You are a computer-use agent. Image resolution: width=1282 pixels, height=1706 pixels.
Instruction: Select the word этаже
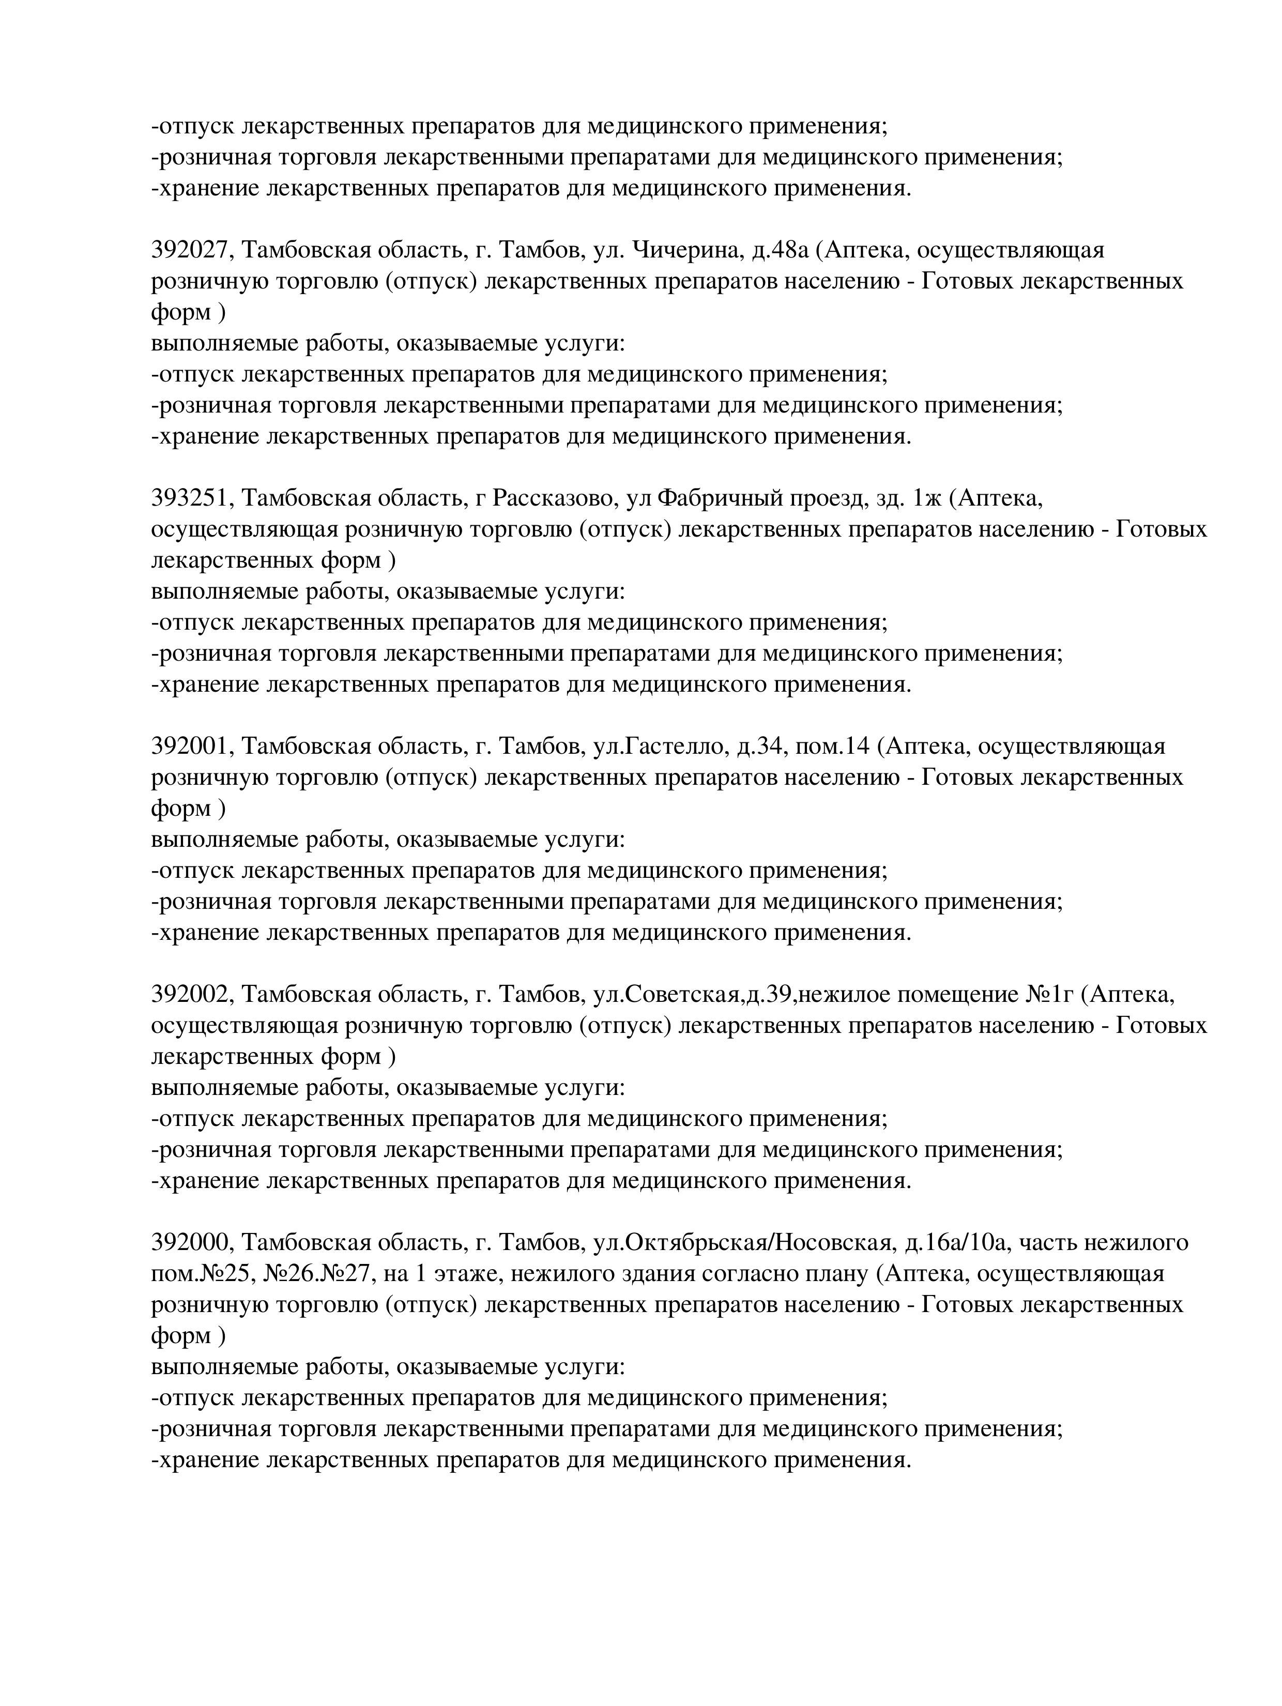click(x=467, y=1273)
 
